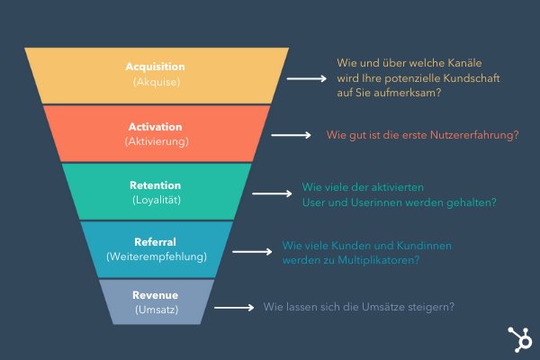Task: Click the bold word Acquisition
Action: pyautogui.click(x=157, y=67)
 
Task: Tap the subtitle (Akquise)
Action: pyautogui.click(x=157, y=82)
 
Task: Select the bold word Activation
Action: pyautogui.click(x=157, y=127)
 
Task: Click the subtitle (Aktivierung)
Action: pyautogui.click(x=157, y=141)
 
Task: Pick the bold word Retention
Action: pyautogui.click(x=157, y=185)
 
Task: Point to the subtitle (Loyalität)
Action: pyautogui.click(x=157, y=200)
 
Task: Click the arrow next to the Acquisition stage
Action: pyautogui.click(x=306, y=79)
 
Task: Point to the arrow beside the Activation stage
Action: pyautogui.click(x=292, y=135)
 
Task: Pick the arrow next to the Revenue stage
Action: pyautogui.click(x=234, y=307)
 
